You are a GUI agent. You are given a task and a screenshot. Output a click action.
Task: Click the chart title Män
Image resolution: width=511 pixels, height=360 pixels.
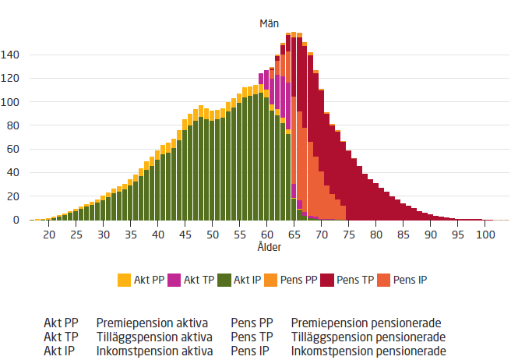click(269, 23)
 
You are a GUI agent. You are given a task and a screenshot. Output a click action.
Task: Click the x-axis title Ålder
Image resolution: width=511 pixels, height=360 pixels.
click(269, 247)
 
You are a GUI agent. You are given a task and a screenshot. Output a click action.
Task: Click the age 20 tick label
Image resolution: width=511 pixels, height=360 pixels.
click(49, 235)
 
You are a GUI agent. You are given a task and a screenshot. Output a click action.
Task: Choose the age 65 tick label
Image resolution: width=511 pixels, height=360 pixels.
click(295, 235)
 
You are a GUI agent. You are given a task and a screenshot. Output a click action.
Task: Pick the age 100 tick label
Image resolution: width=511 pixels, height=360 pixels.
click(485, 235)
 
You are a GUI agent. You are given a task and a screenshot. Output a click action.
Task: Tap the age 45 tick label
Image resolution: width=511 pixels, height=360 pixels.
click(185, 235)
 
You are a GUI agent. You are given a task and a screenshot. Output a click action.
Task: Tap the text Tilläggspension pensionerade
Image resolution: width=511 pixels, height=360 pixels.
click(368, 337)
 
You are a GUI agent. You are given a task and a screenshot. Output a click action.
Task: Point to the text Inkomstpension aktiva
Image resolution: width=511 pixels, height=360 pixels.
click(154, 351)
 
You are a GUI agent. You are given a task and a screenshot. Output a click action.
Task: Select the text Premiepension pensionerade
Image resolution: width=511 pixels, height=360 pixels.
click(366, 323)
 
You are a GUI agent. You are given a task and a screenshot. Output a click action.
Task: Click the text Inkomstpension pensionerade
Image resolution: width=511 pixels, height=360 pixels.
click(368, 351)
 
